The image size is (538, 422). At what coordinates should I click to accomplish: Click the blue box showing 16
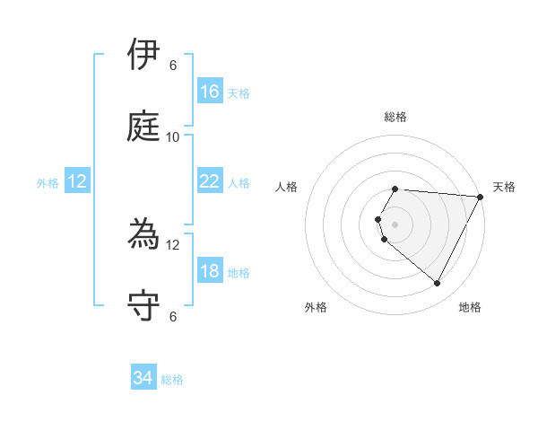click(x=210, y=92)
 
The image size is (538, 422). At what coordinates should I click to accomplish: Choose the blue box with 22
click(x=210, y=181)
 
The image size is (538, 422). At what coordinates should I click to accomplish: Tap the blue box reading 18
click(x=210, y=272)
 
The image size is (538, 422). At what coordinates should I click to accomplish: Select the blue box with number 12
click(x=77, y=182)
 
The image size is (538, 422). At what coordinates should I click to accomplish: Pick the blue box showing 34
click(x=143, y=379)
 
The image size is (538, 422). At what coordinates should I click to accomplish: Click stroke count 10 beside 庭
click(x=173, y=136)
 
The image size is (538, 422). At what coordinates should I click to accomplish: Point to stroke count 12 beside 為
click(x=173, y=244)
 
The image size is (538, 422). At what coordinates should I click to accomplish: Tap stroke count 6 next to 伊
click(x=173, y=65)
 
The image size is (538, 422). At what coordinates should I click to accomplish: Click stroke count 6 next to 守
click(x=173, y=316)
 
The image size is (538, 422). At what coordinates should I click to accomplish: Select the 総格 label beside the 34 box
click(x=173, y=380)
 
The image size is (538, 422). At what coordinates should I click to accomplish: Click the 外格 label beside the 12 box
click(x=48, y=183)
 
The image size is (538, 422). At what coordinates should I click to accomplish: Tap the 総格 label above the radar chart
click(x=395, y=117)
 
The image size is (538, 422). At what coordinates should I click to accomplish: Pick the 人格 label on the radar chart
click(x=286, y=187)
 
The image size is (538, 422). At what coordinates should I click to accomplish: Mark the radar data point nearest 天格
click(x=482, y=197)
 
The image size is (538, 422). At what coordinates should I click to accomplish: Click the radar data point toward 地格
click(x=438, y=284)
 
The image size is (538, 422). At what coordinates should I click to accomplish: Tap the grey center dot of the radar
click(x=395, y=224)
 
